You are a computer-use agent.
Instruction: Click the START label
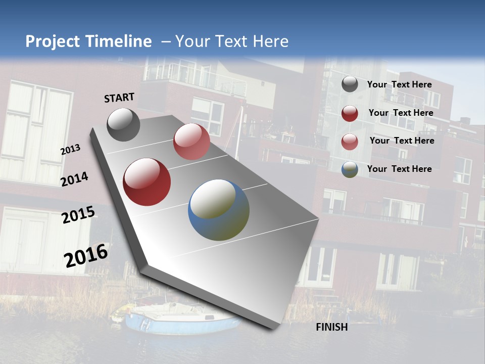click(119, 98)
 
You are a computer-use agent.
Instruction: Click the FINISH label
click(331, 327)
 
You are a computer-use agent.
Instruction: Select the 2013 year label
click(70, 149)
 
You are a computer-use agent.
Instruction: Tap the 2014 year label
click(74, 179)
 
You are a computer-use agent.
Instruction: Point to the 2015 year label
click(78, 215)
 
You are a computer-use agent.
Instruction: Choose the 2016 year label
click(86, 255)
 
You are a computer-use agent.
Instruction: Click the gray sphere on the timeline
click(123, 124)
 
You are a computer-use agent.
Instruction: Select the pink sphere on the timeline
click(191, 142)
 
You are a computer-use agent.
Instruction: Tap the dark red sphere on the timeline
click(147, 182)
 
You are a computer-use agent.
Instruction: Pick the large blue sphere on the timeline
click(219, 210)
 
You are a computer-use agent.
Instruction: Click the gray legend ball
click(350, 84)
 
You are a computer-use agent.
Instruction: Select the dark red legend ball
click(350, 113)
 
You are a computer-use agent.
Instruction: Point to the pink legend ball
click(350, 141)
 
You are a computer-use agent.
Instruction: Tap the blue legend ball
click(350, 169)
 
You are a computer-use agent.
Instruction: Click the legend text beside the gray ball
click(399, 84)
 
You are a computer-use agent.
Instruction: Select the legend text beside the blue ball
click(399, 169)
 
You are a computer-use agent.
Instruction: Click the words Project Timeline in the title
click(88, 41)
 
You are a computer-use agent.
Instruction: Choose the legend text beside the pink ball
click(402, 141)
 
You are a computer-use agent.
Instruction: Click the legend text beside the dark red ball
click(401, 113)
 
